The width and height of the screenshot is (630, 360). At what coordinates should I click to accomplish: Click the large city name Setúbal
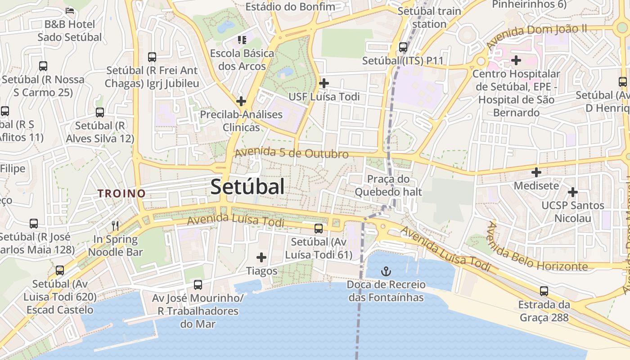(247, 187)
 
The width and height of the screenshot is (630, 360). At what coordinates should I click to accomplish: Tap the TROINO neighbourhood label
(122, 193)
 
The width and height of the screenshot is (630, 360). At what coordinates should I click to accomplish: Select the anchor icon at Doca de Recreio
(386, 271)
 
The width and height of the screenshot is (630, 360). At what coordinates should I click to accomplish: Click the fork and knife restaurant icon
(116, 225)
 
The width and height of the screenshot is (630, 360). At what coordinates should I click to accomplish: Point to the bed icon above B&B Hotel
(69, 10)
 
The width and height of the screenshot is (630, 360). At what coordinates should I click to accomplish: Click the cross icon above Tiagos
(261, 257)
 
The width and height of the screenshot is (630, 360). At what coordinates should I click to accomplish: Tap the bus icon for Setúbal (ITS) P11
(403, 47)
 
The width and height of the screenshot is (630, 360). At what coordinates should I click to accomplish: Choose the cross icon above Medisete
(536, 172)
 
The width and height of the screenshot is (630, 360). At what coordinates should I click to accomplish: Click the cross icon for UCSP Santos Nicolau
(572, 192)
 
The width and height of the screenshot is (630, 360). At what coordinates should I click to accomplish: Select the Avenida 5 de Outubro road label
(292, 153)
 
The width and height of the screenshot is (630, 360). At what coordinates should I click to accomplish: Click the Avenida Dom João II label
(536, 37)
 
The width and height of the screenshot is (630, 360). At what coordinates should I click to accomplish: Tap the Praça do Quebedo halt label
(388, 185)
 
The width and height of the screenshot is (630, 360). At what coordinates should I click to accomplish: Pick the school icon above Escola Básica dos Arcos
(242, 40)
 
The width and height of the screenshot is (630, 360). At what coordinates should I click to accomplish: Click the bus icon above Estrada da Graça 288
(544, 291)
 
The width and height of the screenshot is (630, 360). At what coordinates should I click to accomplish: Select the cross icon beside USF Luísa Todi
(324, 83)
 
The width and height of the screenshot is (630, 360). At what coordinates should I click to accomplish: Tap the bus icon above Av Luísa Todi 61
(319, 228)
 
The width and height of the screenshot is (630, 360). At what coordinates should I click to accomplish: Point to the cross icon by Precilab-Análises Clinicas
(241, 101)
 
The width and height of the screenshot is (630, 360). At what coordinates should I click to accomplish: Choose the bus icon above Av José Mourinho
(198, 284)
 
